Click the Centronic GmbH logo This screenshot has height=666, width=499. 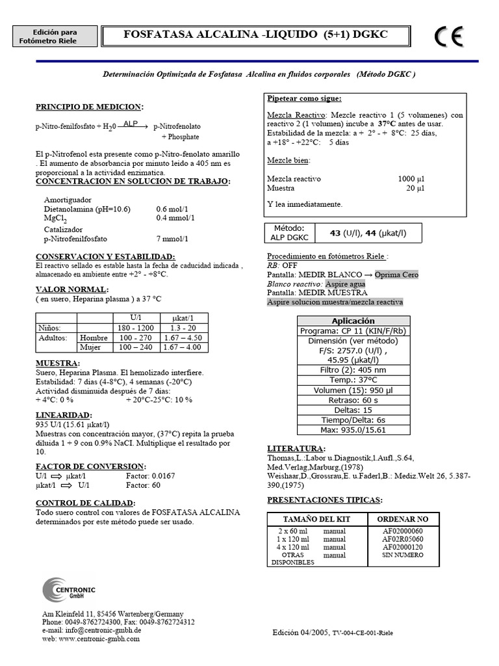69,591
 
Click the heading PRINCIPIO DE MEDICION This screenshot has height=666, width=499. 89,107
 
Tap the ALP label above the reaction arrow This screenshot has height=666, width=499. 131,122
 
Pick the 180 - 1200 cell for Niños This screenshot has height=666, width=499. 136,328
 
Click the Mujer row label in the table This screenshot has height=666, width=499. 90,347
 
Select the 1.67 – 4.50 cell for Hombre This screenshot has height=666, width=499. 183,338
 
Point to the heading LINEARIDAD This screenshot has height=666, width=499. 64,415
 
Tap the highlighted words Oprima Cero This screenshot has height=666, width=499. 396,274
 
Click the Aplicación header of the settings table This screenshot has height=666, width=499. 353,321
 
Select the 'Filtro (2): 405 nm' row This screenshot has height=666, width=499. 353,369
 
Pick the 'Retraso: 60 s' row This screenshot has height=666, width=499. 353,400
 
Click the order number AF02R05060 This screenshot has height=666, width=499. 403,539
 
